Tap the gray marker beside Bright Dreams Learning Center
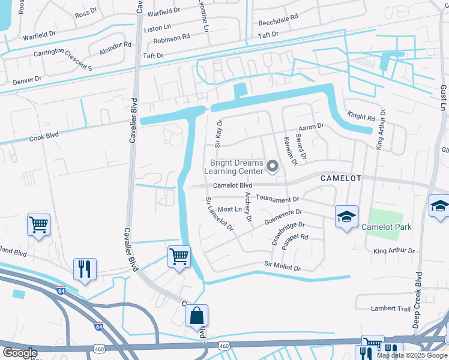(273, 167)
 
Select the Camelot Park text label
(386, 227)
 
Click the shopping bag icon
(196, 315)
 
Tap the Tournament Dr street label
(277, 198)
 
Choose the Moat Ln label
(229, 209)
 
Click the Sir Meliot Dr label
(282, 265)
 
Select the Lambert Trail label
(390, 308)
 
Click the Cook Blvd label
(44, 136)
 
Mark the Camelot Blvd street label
(233, 186)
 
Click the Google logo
(20, 352)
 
